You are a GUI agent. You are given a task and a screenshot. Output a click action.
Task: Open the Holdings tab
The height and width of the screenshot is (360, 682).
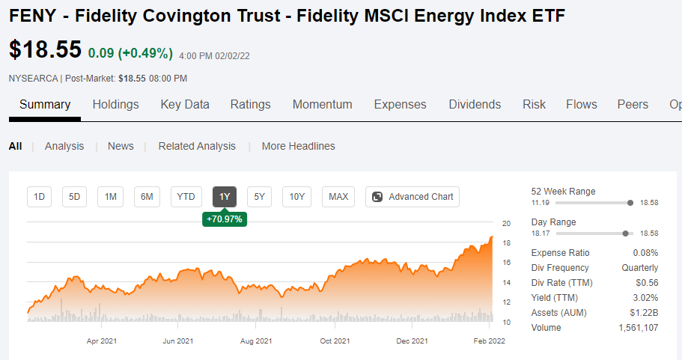[x=116, y=104]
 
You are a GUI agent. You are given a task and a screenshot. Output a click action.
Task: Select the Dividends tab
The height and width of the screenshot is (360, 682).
[x=475, y=104]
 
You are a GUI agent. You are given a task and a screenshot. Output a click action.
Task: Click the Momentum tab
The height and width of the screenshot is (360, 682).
[x=323, y=104]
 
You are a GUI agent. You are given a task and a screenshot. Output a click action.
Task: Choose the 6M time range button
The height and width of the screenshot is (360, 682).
[x=147, y=197]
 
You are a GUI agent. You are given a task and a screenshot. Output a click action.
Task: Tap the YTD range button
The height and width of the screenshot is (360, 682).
[x=186, y=197]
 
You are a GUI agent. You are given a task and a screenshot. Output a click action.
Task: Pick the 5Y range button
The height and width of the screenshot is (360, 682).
[x=259, y=197]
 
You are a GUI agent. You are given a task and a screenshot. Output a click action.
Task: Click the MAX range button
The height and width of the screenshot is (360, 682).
[x=338, y=197]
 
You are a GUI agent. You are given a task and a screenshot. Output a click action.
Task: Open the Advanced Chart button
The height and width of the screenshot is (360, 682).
[x=412, y=197]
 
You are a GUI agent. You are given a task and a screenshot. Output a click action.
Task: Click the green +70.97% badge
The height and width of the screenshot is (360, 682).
[x=225, y=219]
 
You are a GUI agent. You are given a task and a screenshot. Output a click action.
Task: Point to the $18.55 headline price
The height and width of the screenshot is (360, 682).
[x=45, y=49]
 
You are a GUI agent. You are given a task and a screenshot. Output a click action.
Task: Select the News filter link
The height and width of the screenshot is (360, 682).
[x=121, y=146]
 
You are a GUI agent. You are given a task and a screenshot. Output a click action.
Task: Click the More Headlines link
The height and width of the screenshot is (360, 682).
[x=299, y=146]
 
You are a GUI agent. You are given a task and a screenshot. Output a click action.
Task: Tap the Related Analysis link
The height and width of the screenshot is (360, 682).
[x=197, y=146]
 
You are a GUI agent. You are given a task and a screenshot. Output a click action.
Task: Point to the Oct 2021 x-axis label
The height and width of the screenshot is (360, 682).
[x=335, y=341]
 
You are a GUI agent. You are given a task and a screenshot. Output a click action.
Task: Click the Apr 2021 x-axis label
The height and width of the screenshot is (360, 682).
[x=102, y=341]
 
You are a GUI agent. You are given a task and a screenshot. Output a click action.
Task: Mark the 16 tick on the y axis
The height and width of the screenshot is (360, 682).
[x=506, y=263]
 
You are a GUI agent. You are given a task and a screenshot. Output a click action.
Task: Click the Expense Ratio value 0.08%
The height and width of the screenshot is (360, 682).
[x=645, y=253]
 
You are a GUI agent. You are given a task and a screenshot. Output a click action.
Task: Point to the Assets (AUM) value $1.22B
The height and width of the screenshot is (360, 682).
[x=644, y=313]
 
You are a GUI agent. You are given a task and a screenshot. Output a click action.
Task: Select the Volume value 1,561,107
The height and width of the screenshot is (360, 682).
[x=639, y=328]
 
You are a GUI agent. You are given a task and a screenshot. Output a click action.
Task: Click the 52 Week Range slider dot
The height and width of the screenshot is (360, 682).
[x=630, y=203]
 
